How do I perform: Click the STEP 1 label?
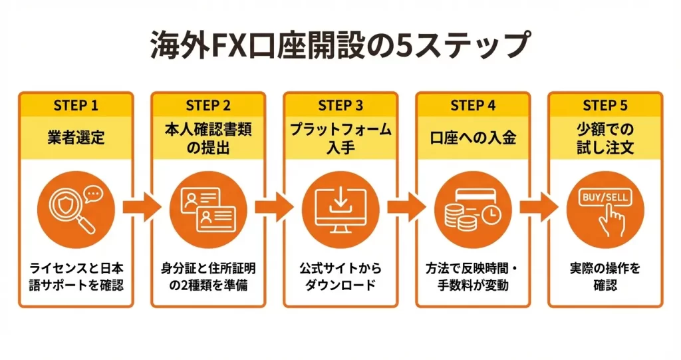75,105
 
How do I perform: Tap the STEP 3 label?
340,105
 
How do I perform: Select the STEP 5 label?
605,105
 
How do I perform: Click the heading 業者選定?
75,138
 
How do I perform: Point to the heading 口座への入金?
473,138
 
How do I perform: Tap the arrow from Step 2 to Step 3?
274,208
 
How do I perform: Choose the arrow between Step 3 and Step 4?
407,208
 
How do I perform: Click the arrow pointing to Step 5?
539,208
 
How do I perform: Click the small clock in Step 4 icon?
491,215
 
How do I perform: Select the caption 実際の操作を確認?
605,277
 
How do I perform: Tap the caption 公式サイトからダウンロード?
340,277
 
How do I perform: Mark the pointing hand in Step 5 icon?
611,222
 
